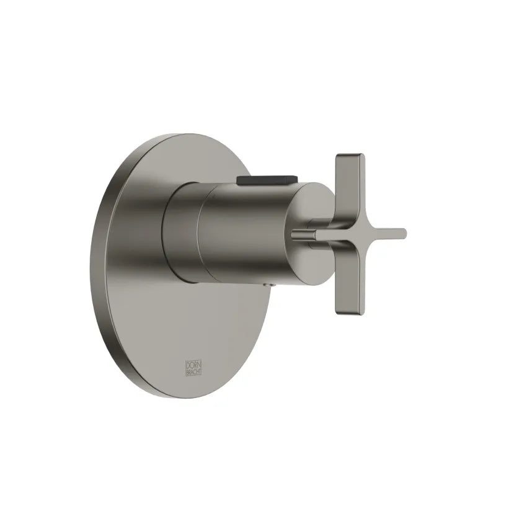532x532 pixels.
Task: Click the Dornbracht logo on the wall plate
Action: [194, 368]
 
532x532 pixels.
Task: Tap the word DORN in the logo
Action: [194, 364]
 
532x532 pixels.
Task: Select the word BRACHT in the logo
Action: [194, 372]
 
